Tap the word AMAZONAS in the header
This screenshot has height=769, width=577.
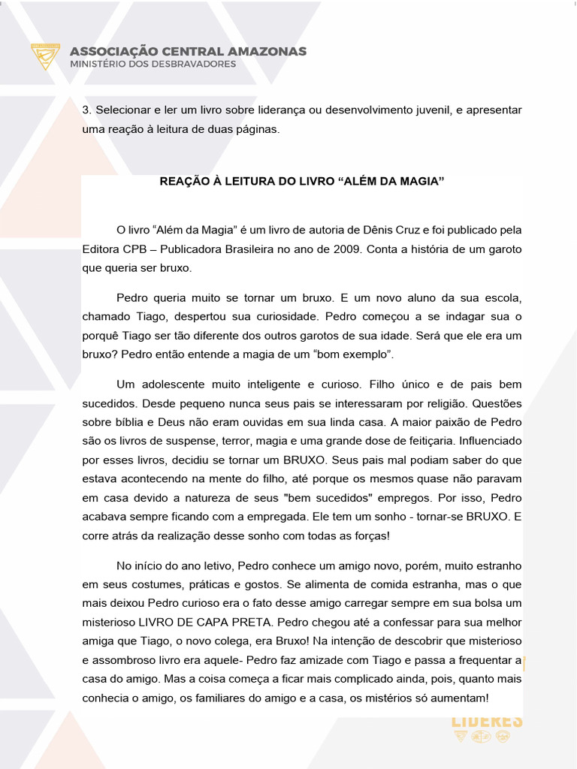pyautogui.click(x=269, y=51)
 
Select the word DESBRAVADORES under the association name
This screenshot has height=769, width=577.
pyautogui.click(x=194, y=64)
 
